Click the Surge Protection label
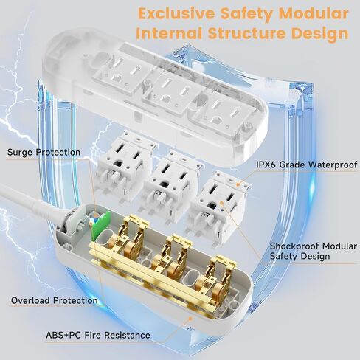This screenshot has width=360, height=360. (44, 152)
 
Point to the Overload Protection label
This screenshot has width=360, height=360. (55, 300)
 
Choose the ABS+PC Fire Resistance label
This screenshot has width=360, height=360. (98, 335)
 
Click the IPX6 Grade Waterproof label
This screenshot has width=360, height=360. (307, 165)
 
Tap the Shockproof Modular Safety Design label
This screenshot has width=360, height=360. (314, 251)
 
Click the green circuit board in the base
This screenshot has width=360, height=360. (100, 226)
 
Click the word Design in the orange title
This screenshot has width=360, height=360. (322, 34)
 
